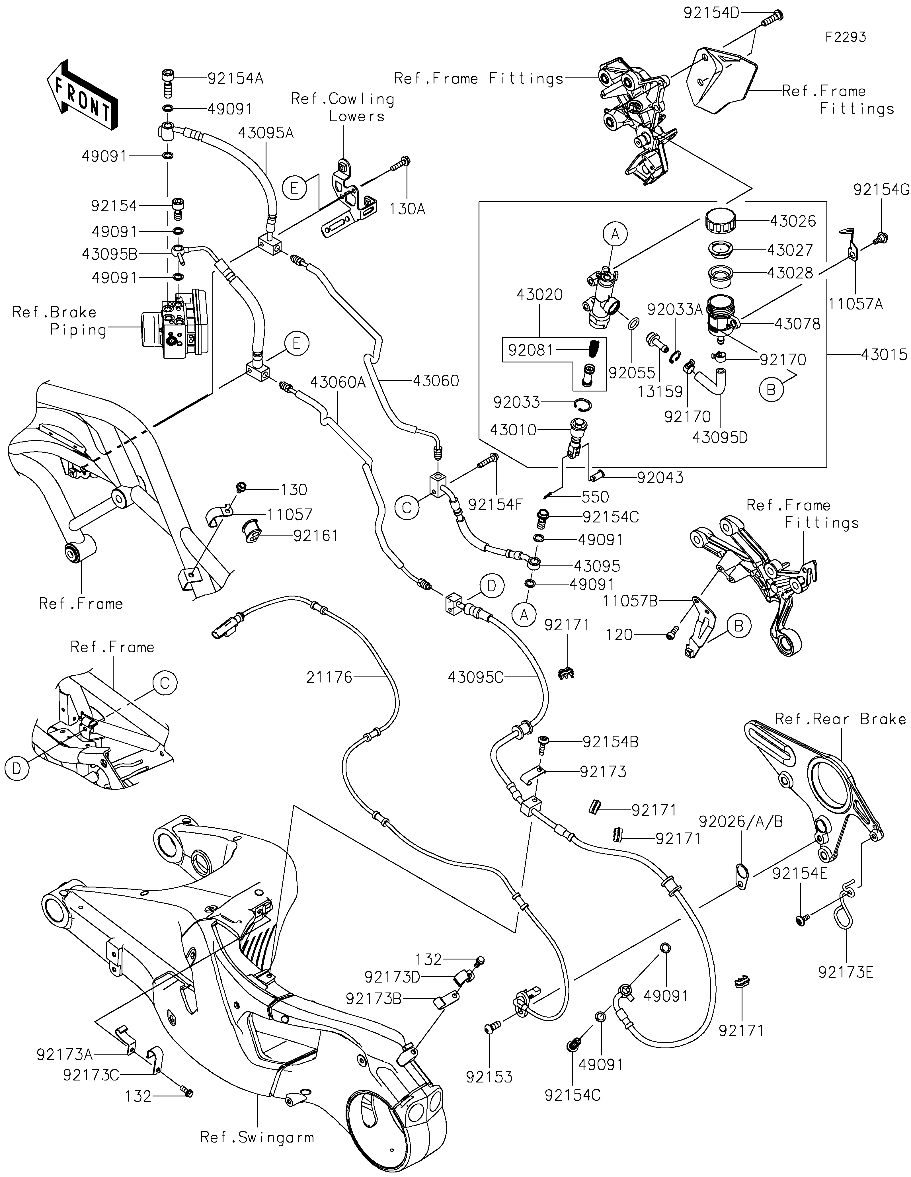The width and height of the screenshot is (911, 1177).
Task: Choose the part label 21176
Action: click(329, 677)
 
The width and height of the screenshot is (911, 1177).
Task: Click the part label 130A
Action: click(407, 209)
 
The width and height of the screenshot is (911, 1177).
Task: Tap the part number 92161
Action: click(316, 536)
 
